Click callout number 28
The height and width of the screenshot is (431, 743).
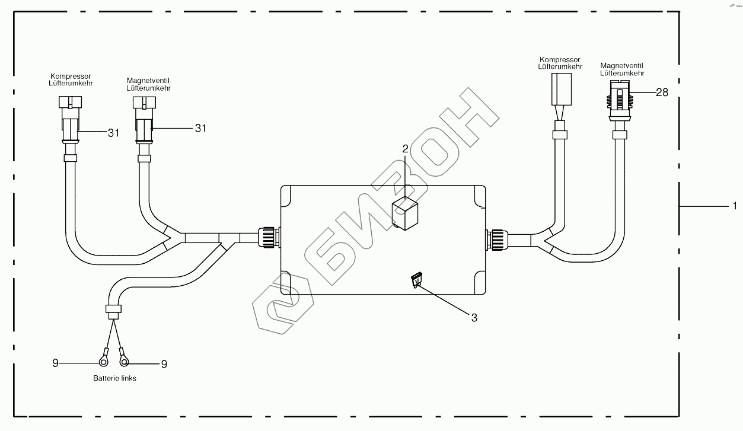click(x=661, y=92)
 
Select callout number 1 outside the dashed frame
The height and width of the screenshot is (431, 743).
click(x=734, y=206)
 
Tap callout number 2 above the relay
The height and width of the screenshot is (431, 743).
click(x=406, y=149)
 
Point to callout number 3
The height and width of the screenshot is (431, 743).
click(x=474, y=317)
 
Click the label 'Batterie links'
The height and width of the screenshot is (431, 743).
click(x=114, y=378)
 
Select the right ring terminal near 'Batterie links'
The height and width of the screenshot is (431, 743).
click(x=125, y=359)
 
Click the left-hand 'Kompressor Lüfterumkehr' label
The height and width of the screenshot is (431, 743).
click(x=71, y=79)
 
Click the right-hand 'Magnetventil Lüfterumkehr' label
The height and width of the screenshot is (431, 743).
click(x=622, y=69)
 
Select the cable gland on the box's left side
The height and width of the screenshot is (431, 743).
click(x=267, y=239)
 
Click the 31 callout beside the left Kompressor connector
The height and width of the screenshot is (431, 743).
click(x=113, y=133)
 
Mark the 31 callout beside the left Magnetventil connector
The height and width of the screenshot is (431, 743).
click(x=200, y=127)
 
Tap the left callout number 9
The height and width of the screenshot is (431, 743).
click(x=55, y=363)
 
